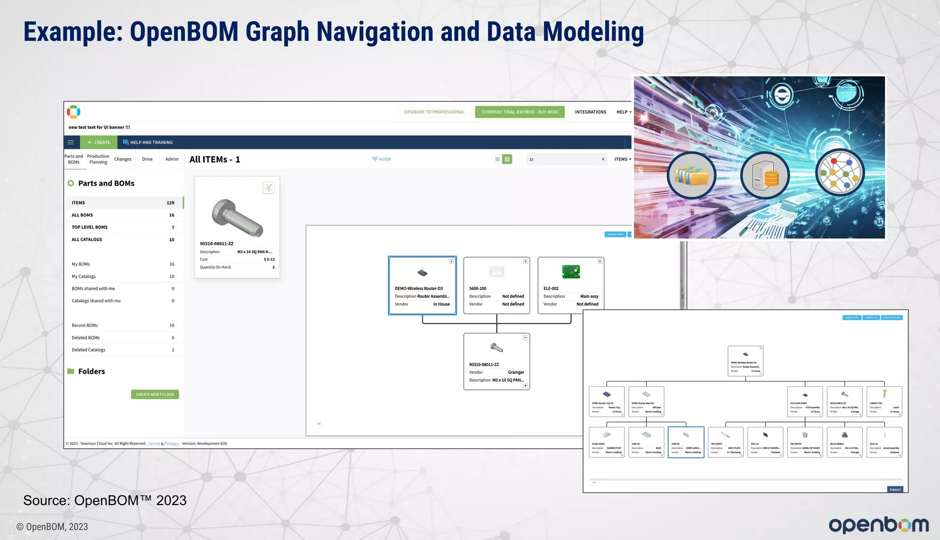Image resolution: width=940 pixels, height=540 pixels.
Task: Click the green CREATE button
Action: [99, 142]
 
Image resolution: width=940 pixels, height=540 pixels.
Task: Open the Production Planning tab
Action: [98, 159]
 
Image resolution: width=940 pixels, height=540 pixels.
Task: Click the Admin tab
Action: [172, 159]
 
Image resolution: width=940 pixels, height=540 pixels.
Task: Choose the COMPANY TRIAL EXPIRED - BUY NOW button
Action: [520, 112]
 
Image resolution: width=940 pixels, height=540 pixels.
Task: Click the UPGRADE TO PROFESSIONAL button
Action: [434, 112]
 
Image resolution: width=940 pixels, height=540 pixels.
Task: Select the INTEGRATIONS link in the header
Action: [590, 112]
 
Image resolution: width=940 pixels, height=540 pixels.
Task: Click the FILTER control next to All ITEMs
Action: [381, 159]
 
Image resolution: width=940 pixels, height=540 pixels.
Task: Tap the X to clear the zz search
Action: [603, 159]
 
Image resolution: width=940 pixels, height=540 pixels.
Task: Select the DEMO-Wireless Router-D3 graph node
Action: [422, 285]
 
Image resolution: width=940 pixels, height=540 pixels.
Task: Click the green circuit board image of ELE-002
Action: [571, 272]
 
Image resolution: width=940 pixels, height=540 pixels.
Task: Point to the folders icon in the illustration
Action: [691, 175]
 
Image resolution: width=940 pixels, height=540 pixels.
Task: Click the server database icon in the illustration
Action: [765, 176]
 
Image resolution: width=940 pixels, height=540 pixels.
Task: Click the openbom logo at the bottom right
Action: [878, 525]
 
